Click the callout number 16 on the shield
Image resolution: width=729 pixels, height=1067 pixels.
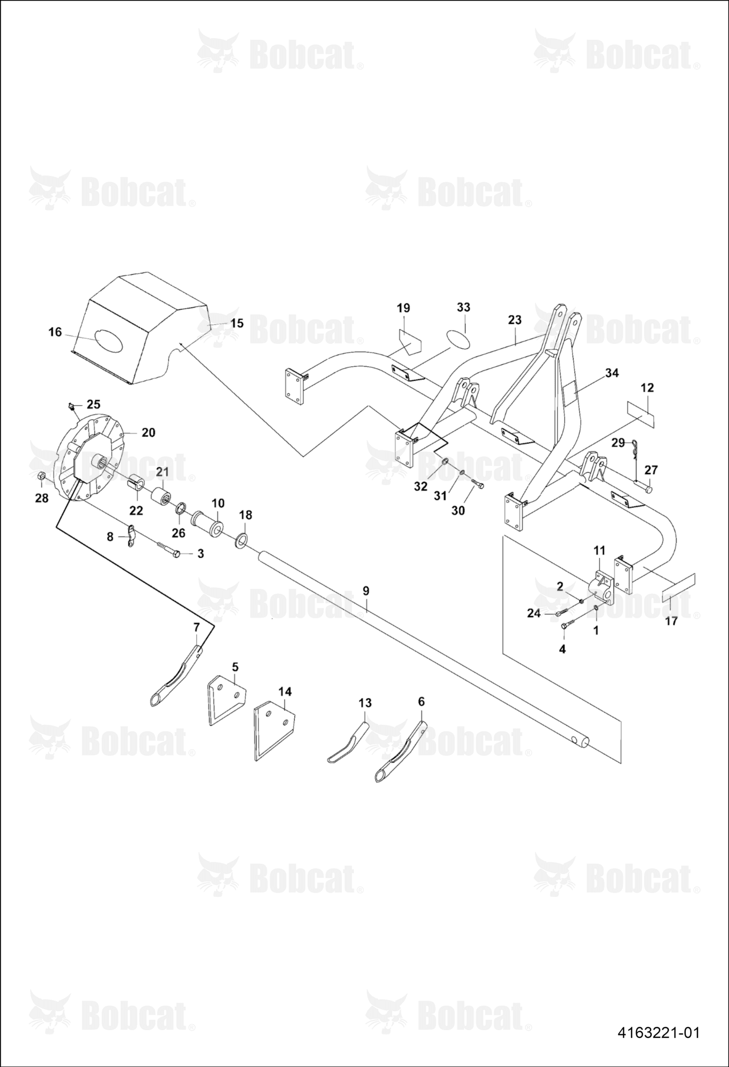click(x=55, y=332)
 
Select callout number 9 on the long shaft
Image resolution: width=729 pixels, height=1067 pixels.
click(x=366, y=591)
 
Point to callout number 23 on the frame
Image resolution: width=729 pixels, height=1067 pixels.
click(x=514, y=320)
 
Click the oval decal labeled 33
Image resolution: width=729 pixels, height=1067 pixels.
click(x=458, y=339)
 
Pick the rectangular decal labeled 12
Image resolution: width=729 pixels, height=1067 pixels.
click(x=640, y=414)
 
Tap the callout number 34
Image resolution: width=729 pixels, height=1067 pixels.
click(x=612, y=373)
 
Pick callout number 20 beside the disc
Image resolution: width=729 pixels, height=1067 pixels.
click(x=148, y=432)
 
